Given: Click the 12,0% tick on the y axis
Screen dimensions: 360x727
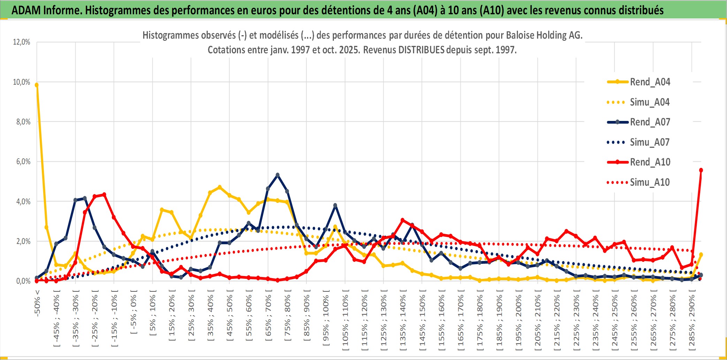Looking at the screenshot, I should (22, 42).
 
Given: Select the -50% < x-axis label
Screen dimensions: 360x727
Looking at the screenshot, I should (37, 303).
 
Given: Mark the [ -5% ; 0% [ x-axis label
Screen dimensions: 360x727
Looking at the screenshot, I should (134, 312).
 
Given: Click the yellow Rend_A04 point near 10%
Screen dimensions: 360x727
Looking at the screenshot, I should (37, 85).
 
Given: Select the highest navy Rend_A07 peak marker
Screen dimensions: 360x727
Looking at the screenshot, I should (277, 175).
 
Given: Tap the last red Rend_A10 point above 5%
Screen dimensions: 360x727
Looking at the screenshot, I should (701, 170).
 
